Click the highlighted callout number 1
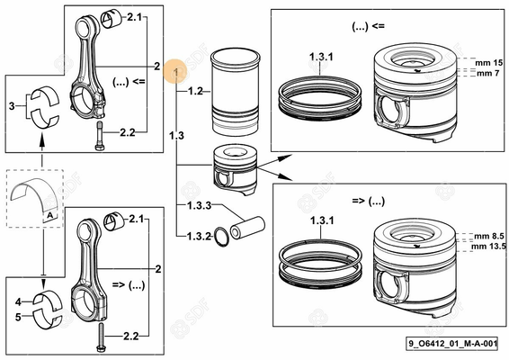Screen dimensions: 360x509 tap(177, 72)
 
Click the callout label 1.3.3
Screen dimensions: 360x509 tap(199, 206)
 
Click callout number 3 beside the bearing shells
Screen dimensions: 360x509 tap(11, 106)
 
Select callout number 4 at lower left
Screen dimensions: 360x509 tap(18, 302)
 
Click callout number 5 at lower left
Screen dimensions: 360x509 tap(18, 316)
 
